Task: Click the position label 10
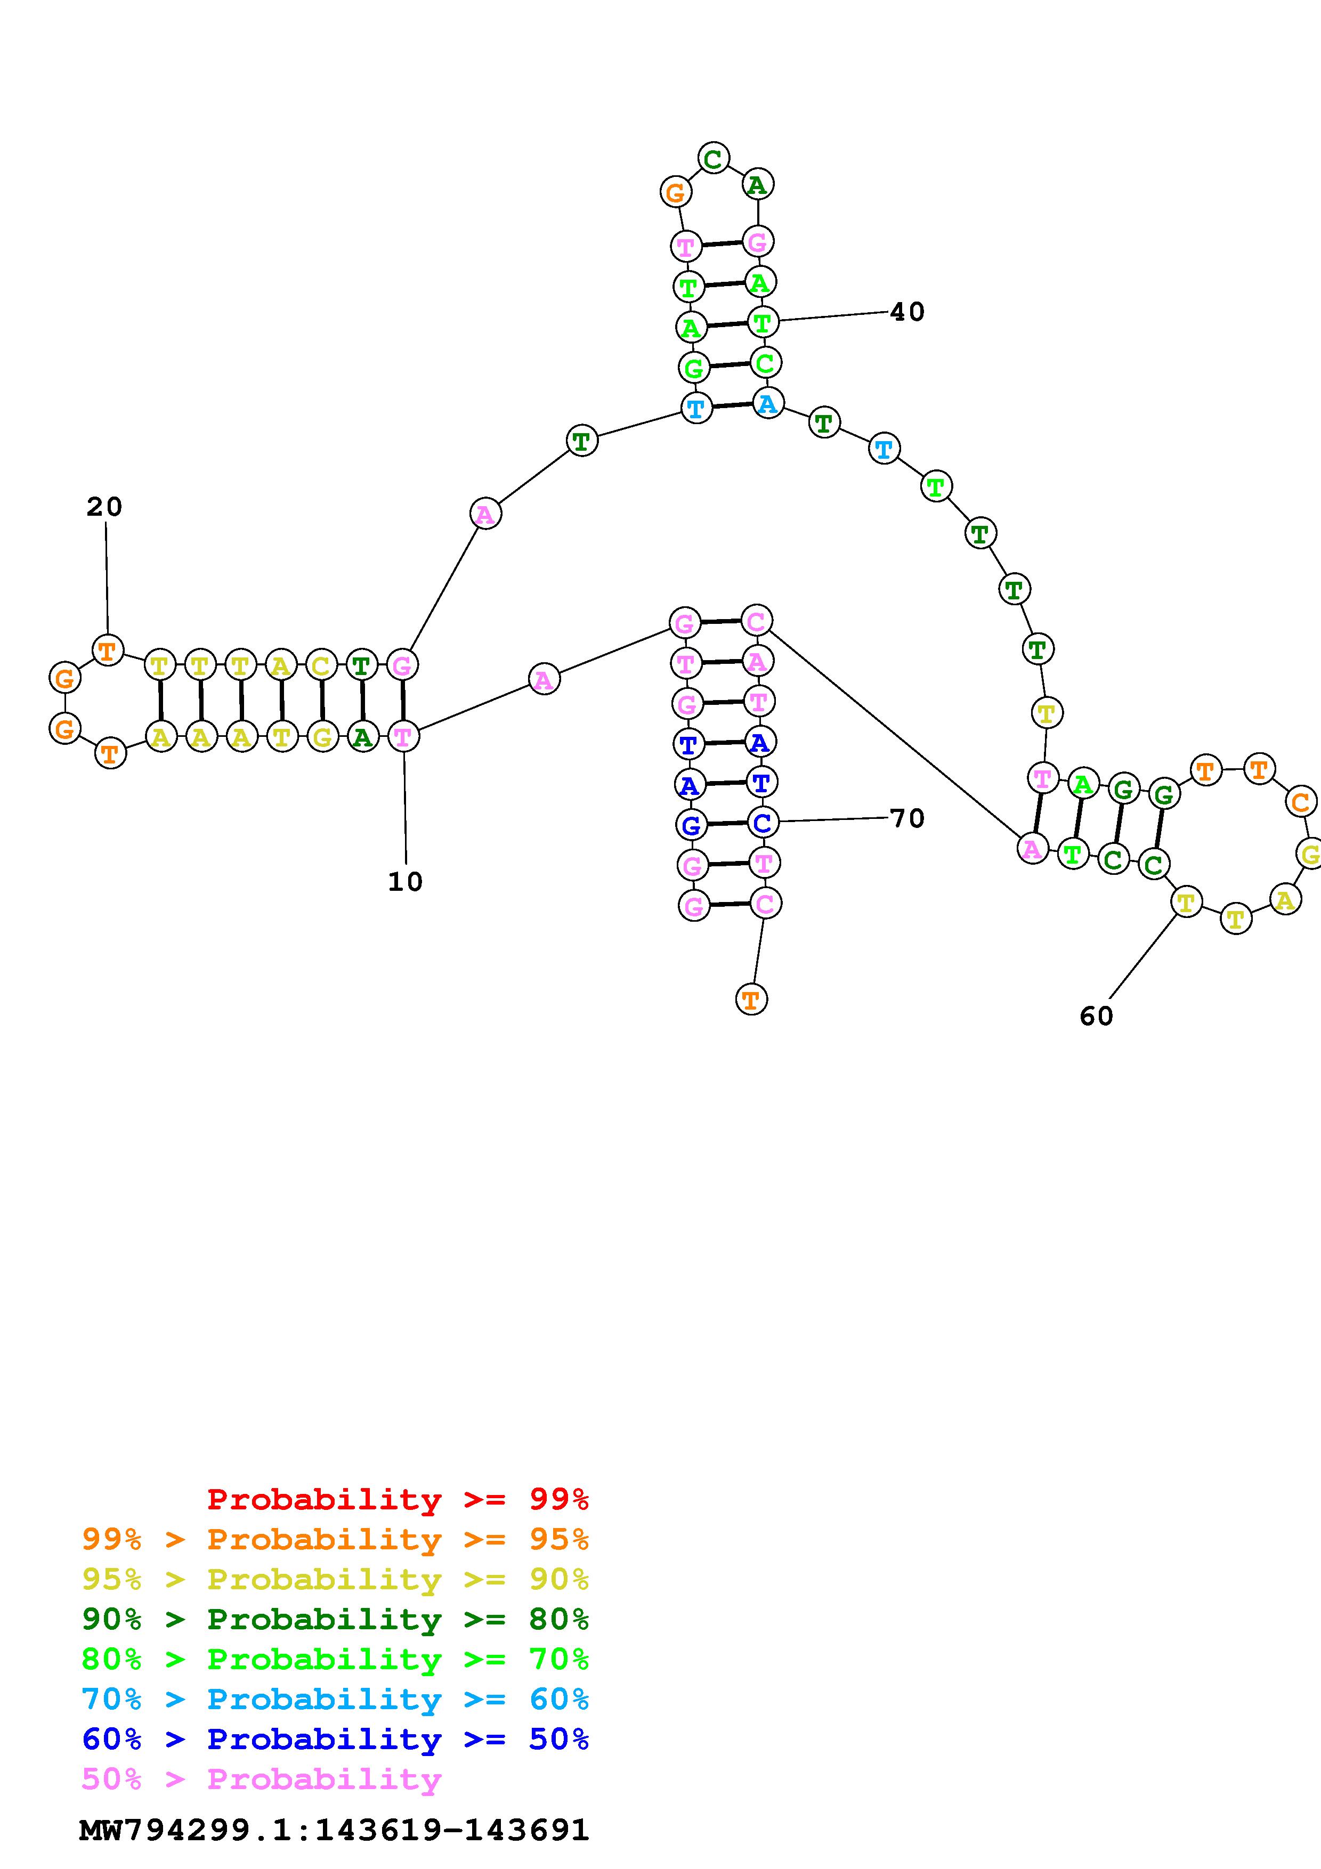pos(406,882)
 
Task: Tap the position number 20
pos(104,507)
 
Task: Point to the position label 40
pos(907,312)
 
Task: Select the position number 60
pos(1096,1016)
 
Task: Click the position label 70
pos(907,818)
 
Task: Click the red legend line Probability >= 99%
pos(398,1499)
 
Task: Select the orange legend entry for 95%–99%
pos(335,1539)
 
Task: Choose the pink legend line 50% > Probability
pos(261,1778)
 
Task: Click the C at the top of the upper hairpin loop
pos(713,158)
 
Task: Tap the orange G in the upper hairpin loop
pos(676,193)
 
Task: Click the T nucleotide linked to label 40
pos(763,322)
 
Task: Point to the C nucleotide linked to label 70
pos(763,822)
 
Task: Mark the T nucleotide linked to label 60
pos(1186,902)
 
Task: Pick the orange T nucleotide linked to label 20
pos(108,651)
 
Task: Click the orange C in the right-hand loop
pos(1300,802)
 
